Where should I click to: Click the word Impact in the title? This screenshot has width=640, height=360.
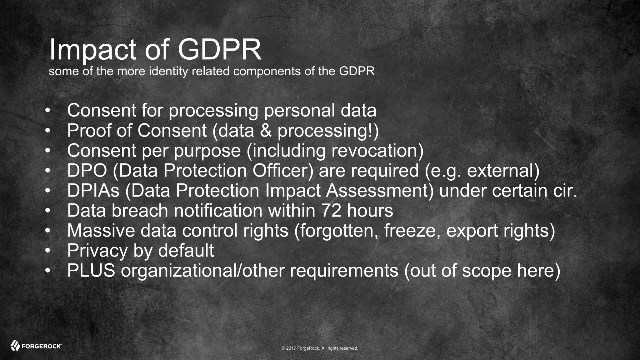(92, 50)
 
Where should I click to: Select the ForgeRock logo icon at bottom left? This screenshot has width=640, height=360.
(15, 345)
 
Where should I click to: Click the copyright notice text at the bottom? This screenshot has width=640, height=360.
(320, 348)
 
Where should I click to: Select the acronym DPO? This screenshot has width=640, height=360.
(87, 171)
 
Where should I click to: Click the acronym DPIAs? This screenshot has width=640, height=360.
(93, 191)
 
